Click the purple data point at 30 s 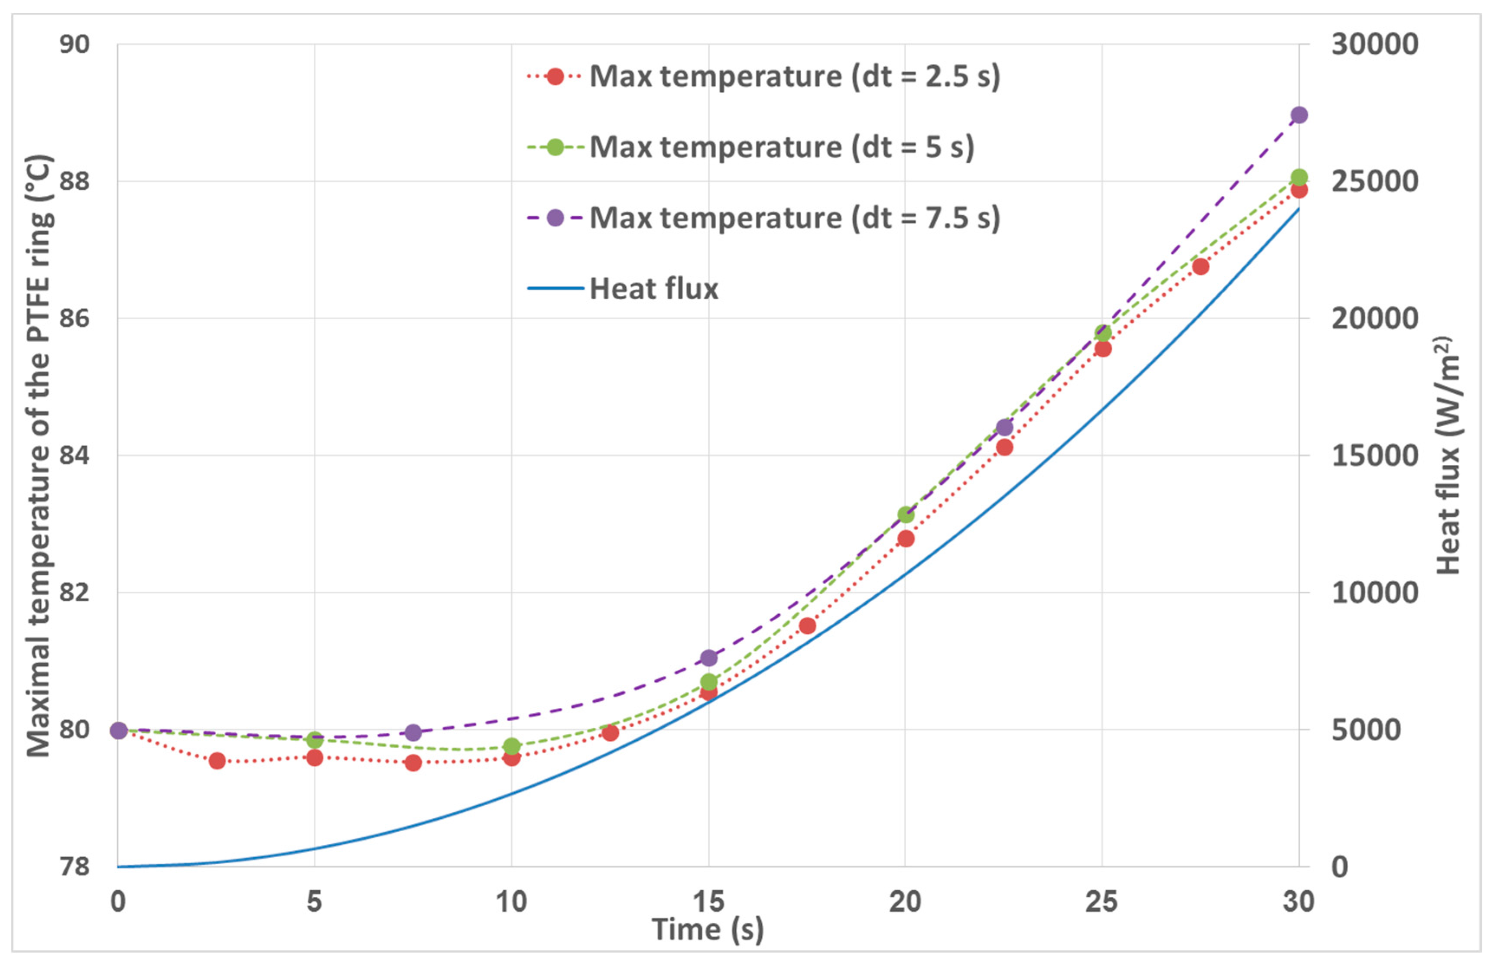tap(1299, 115)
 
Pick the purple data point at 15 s tap(708, 658)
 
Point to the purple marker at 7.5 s tap(413, 733)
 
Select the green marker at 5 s tap(315, 740)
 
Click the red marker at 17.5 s tap(807, 626)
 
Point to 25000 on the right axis tap(1374, 181)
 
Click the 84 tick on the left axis tap(74, 455)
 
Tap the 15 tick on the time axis tap(708, 902)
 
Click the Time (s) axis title tap(707, 930)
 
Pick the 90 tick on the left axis tap(74, 45)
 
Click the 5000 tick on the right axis tap(1365, 729)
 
